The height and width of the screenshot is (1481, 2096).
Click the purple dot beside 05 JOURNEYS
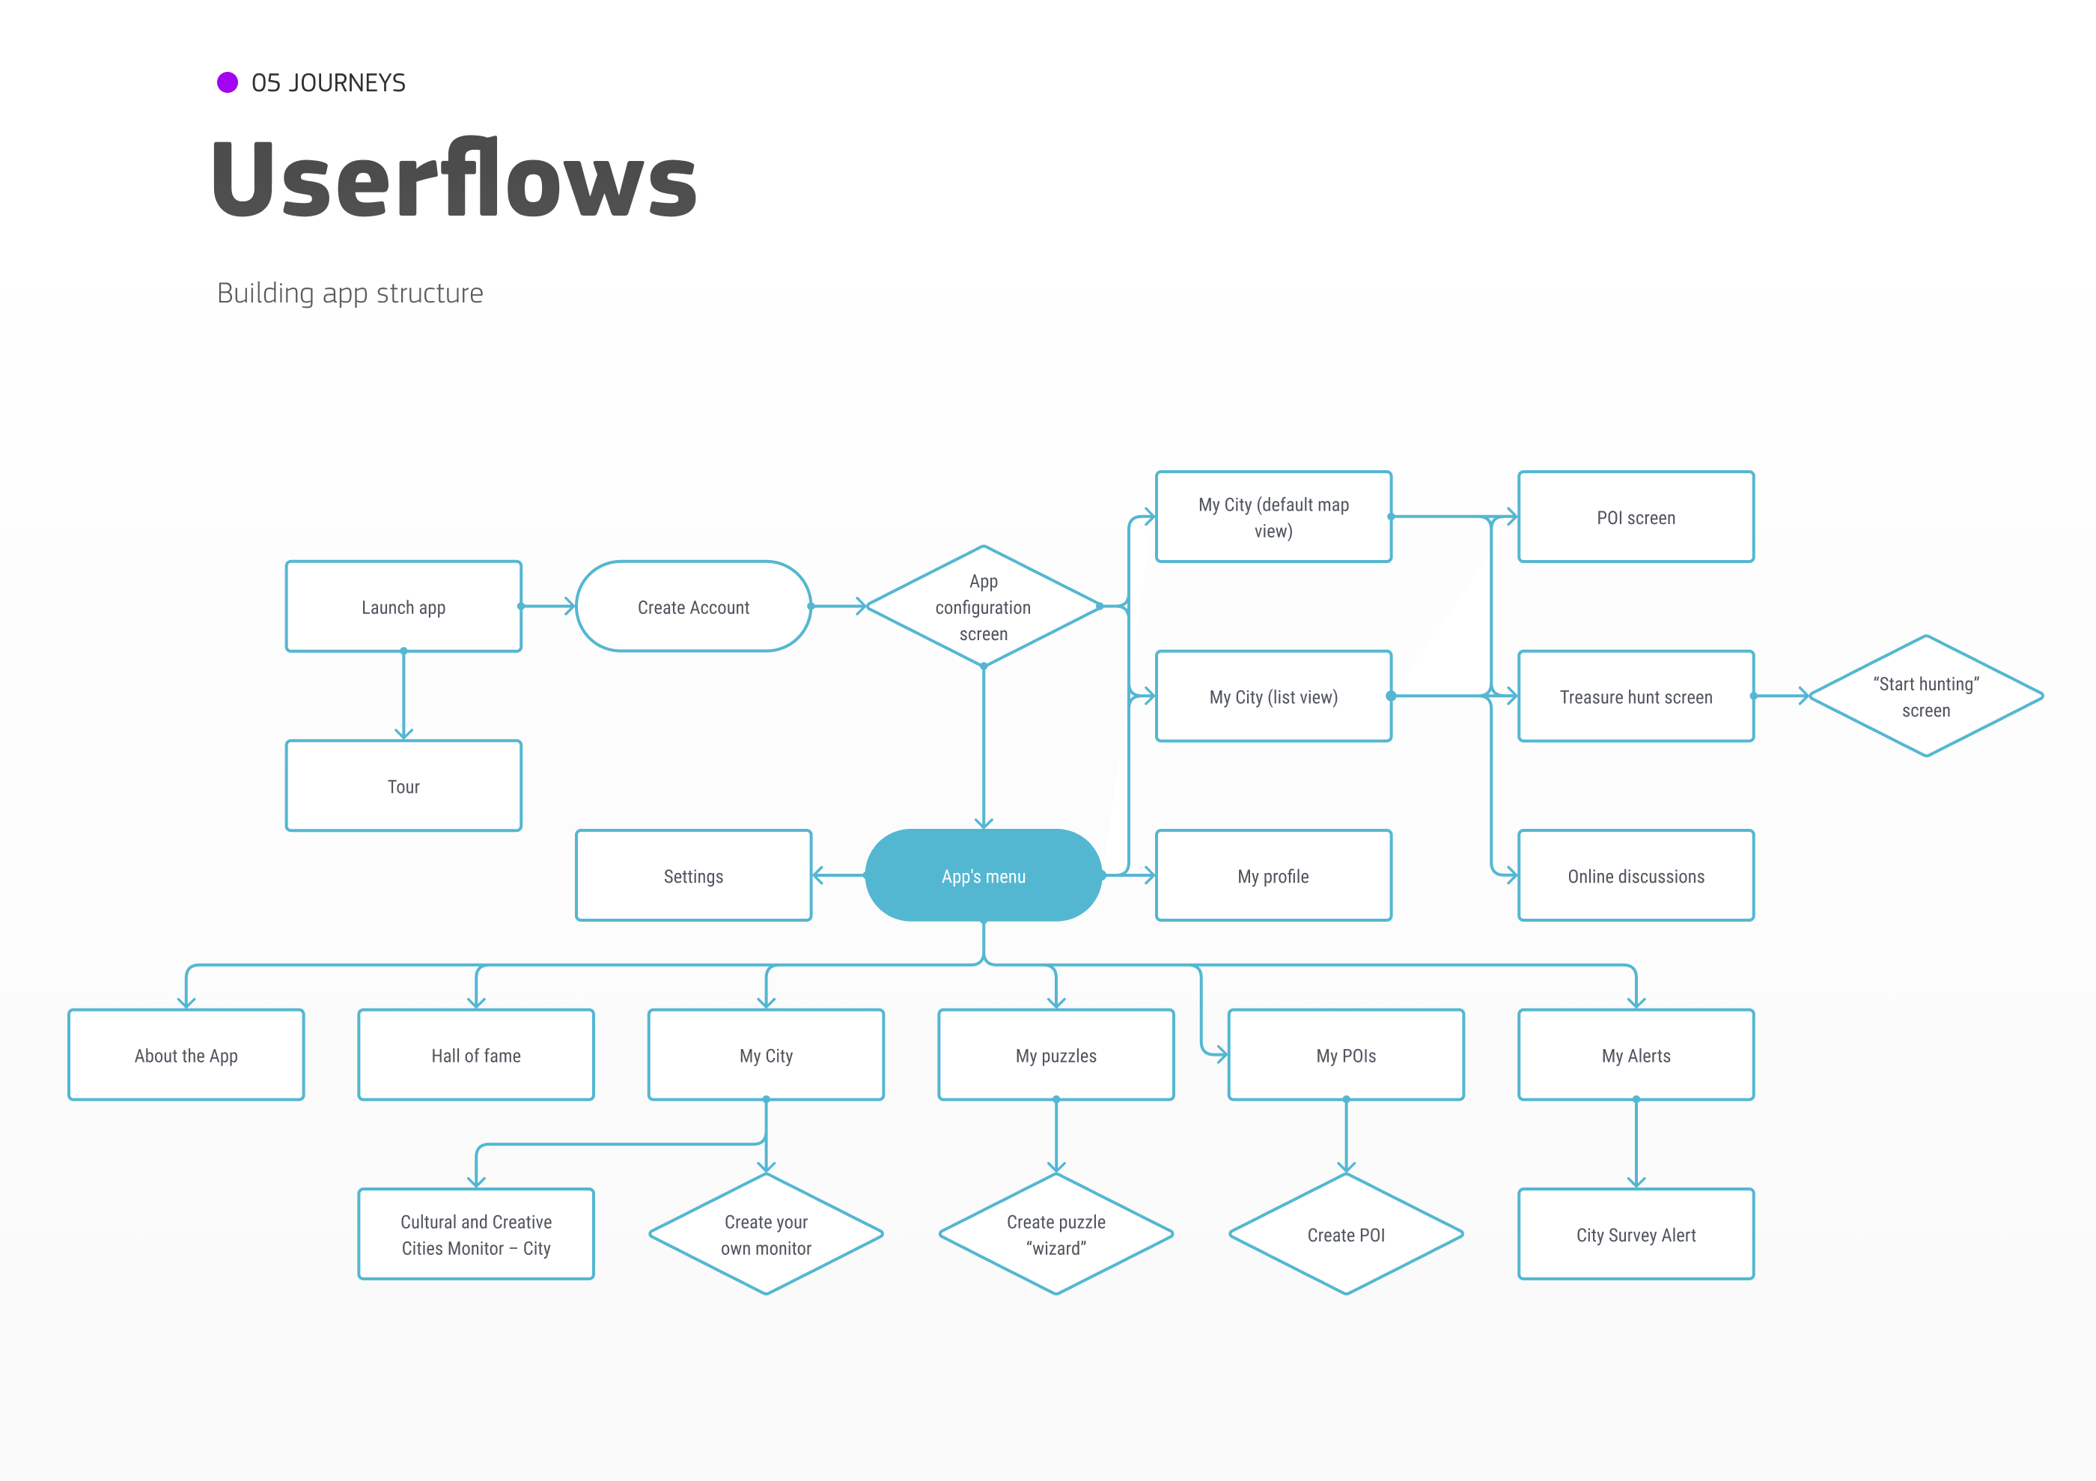coord(228,83)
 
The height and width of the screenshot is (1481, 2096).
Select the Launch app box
coord(403,606)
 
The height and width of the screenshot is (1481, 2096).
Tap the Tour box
coord(403,786)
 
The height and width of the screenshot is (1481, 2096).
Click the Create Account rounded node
coord(693,606)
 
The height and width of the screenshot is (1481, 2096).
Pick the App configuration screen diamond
coord(983,606)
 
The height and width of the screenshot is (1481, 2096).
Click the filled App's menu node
coord(983,875)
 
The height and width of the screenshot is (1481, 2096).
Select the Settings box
coord(693,875)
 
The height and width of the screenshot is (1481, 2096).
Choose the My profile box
coord(1273,875)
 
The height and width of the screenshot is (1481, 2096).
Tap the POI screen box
coord(1635,517)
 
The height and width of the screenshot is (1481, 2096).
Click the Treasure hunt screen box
coord(1635,696)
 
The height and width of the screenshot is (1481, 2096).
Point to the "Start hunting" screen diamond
coord(1925,696)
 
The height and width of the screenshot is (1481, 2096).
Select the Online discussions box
coord(1635,875)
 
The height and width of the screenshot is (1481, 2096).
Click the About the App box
coord(186,1055)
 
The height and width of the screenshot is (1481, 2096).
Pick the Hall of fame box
coord(475,1055)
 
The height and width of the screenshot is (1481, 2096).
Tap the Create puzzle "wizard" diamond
coord(1055,1235)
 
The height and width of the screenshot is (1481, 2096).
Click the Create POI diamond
coord(1346,1235)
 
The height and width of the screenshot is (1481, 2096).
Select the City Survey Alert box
coord(1635,1235)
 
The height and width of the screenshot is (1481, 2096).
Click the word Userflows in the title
coord(454,179)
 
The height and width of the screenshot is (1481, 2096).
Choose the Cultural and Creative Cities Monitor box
coord(475,1235)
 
